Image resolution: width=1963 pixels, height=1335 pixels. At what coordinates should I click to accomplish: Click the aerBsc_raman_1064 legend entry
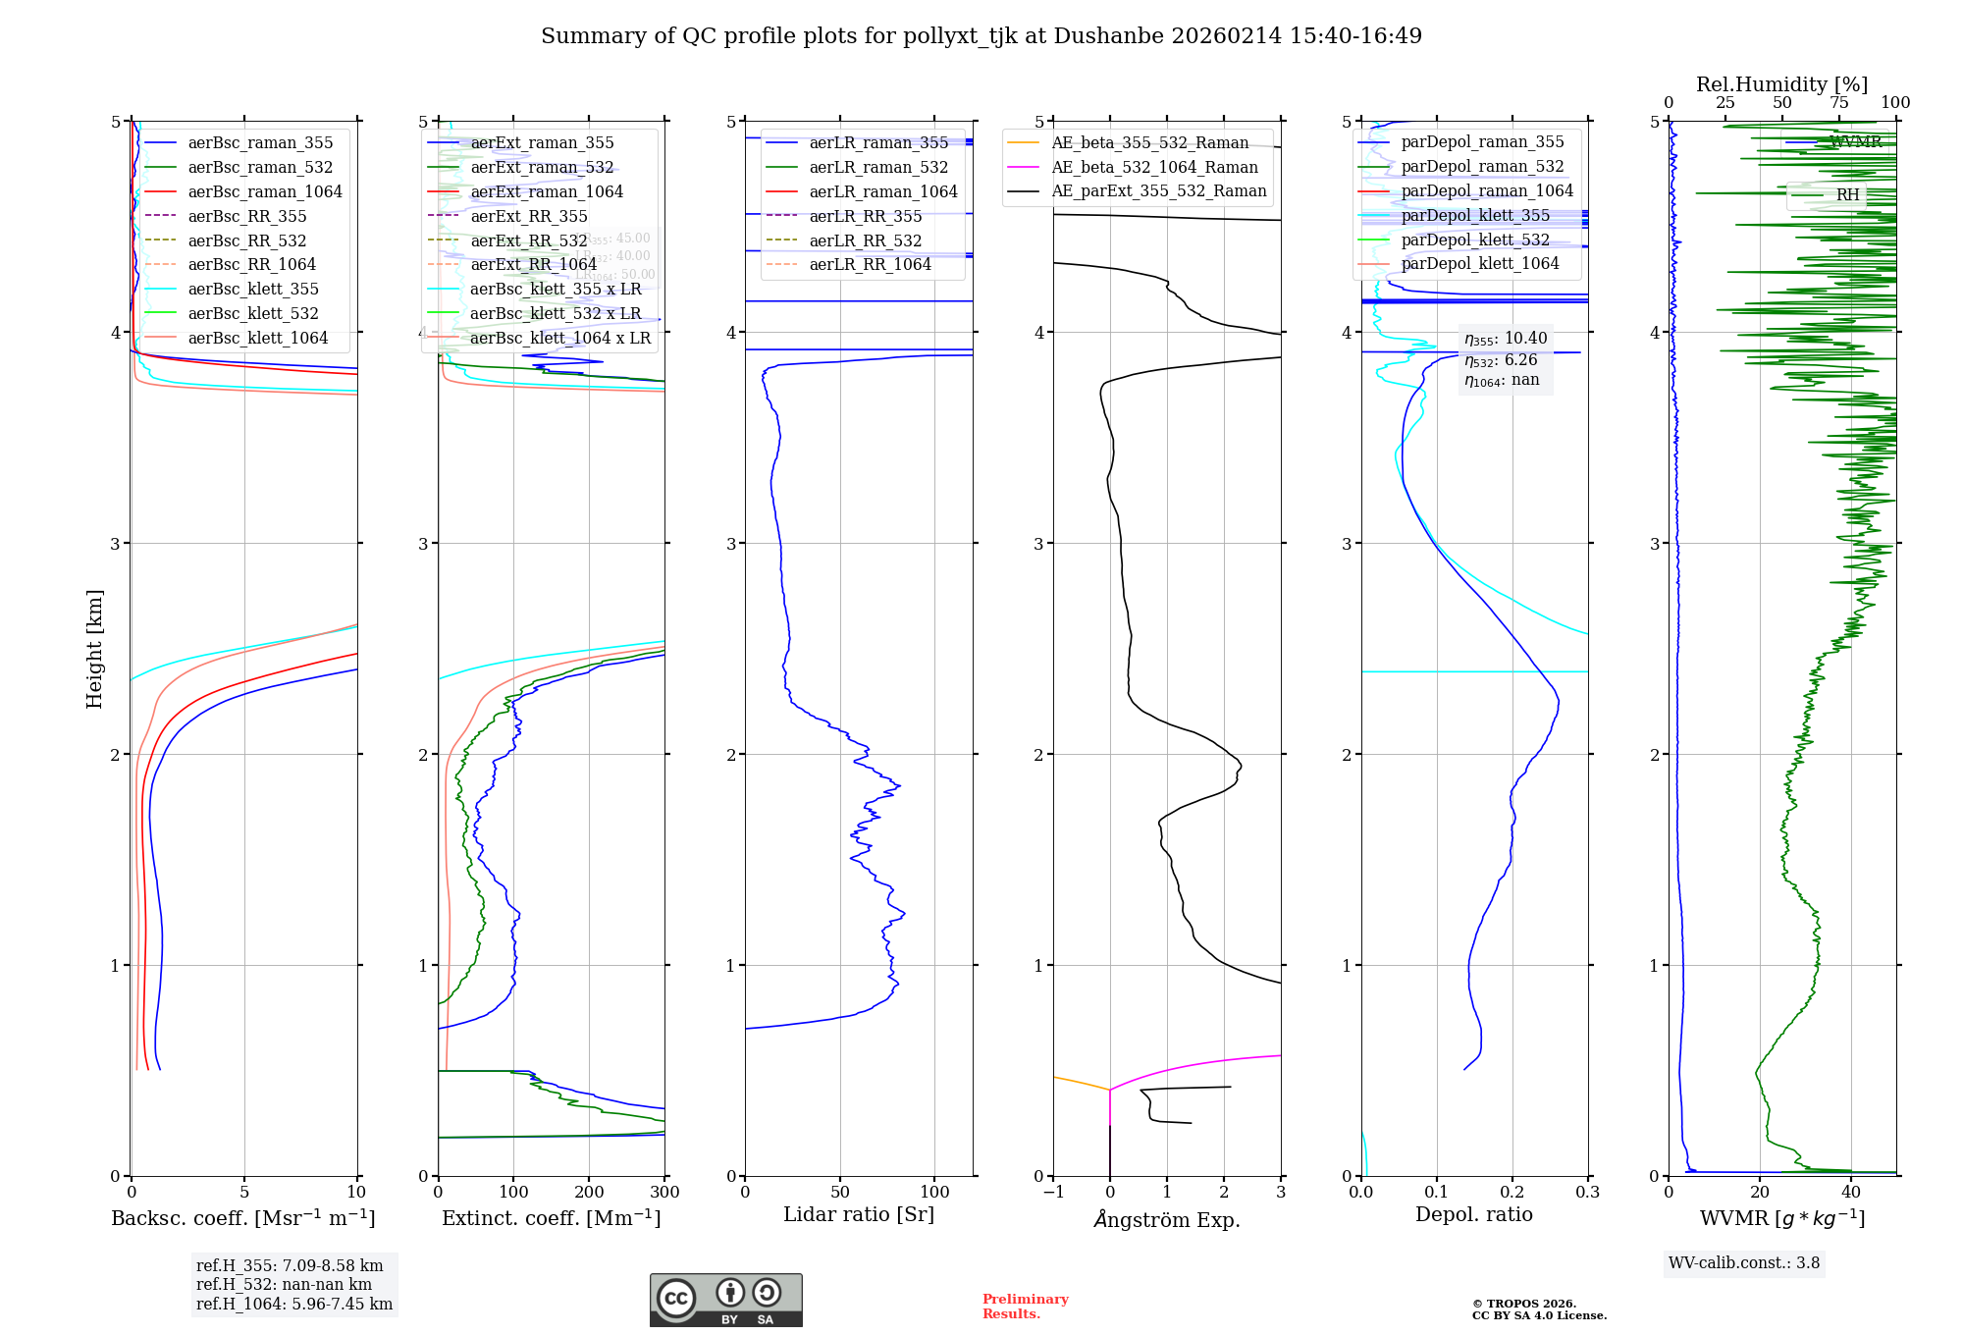coord(265,191)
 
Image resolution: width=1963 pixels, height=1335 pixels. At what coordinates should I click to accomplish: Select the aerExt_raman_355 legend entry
coord(542,143)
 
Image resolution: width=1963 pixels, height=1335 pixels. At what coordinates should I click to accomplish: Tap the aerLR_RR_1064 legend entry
coord(870,265)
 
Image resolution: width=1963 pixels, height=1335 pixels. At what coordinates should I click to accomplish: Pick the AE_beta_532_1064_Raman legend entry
coord(1154,168)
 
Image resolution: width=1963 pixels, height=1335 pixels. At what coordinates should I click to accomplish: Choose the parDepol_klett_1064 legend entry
coord(1479,264)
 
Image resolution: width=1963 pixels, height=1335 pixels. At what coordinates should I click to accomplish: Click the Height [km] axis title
coord(94,649)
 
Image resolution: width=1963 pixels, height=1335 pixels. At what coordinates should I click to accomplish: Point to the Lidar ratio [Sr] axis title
coord(859,1215)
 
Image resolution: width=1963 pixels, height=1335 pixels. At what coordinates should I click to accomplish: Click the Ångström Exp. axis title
coord(1167,1220)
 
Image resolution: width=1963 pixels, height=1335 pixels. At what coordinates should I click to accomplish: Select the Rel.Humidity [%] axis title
coord(1781,84)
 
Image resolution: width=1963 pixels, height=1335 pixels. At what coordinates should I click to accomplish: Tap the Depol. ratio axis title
coord(1473,1215)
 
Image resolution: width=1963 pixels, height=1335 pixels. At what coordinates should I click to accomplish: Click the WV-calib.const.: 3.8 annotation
coord(1744,1263)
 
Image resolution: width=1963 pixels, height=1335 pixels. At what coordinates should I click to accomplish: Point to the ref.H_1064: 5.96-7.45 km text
coord(294,1305)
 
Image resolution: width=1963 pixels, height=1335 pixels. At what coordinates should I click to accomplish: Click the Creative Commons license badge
coord(725,1301)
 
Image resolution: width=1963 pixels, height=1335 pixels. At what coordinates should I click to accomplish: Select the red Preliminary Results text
coord(1025,1307)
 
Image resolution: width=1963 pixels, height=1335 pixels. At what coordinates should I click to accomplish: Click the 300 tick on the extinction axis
coord(664,1193)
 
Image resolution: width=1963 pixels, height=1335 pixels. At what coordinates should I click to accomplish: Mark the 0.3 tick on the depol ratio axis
coord(1587,1193)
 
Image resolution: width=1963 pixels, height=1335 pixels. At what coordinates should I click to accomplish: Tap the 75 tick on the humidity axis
coord(1839,103)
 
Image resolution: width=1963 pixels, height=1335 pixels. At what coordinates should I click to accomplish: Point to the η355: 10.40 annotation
coord(1506,339)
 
